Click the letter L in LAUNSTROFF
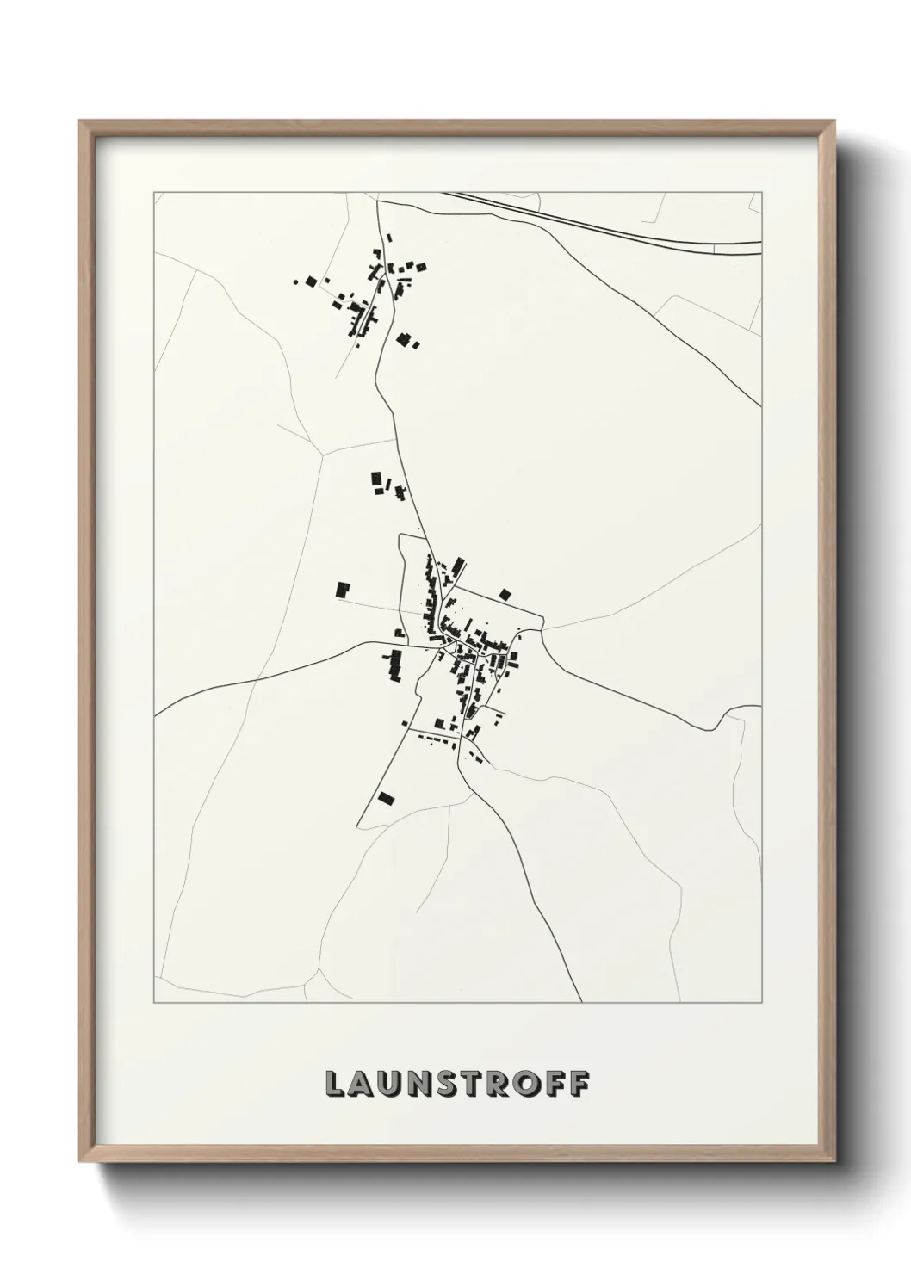(334, 1084)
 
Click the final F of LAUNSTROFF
(581, 1084)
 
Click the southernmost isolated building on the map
(386, 797)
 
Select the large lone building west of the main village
(344, 590)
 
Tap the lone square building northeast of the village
(505, 593)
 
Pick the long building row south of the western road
(395, 665)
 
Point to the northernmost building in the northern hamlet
(388, 238)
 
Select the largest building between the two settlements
(376, 480)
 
